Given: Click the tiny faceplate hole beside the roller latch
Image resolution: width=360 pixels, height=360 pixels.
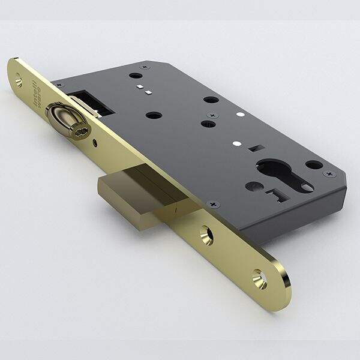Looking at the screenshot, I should pos(95,143).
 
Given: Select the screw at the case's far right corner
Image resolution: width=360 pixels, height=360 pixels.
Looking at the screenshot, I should pos(329,174).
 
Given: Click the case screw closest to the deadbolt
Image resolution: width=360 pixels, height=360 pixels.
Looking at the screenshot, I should pos(211,205).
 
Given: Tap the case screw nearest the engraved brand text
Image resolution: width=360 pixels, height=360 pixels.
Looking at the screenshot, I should pos(142,66).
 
